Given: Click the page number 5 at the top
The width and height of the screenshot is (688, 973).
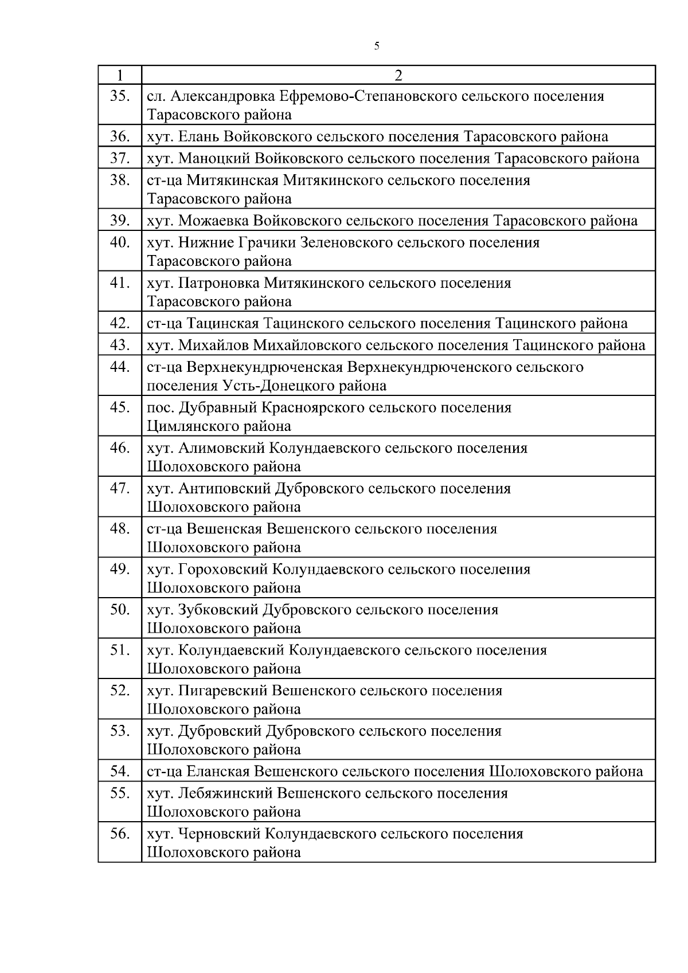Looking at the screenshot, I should [x=376, y=46].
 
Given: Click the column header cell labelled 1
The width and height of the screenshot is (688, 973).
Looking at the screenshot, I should [x=119, y=75].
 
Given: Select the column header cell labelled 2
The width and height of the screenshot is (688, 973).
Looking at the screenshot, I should [x=398, y=75].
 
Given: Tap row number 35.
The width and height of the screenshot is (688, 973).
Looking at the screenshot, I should [x=120, y=96].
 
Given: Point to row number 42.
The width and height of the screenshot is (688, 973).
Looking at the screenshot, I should [x=120, y=323].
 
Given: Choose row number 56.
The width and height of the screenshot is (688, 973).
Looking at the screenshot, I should [x=120, y=834].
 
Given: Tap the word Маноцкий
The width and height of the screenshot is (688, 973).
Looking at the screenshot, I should [x=214, y=158].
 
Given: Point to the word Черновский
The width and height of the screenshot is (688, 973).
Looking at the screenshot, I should [x=220, y=834].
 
